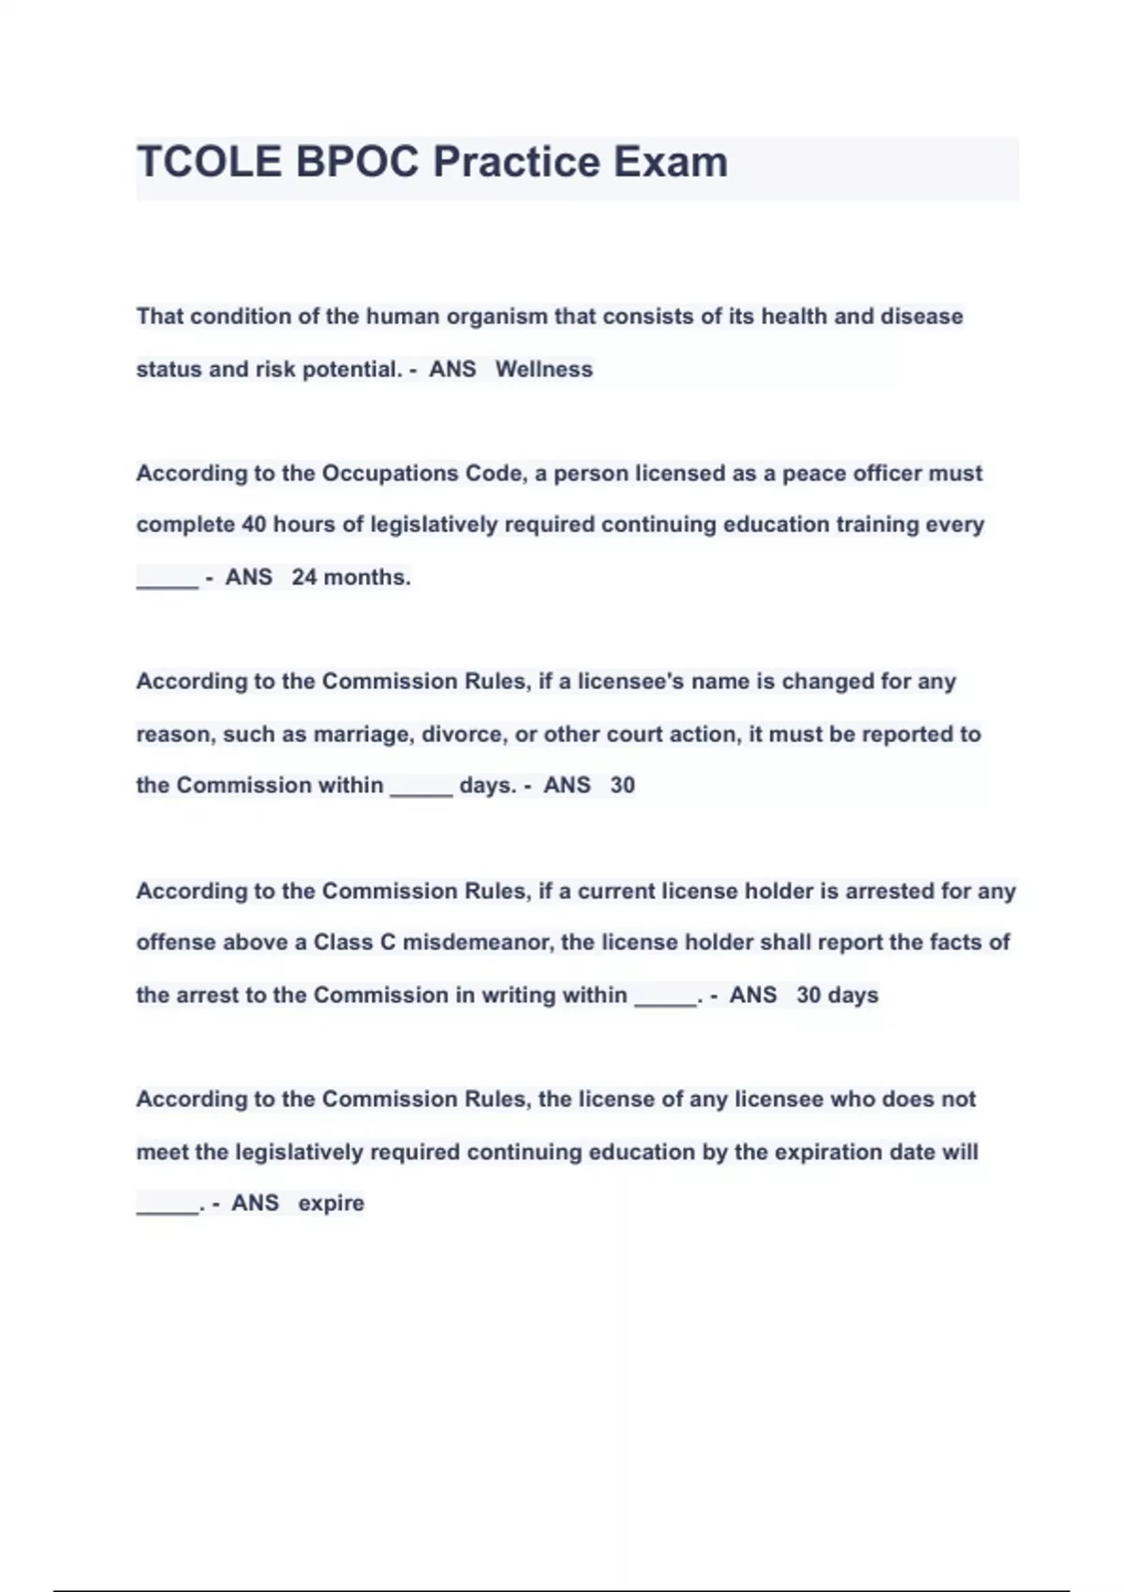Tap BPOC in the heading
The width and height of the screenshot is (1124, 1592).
(x=358, y=162)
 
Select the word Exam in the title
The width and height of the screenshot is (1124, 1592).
(x=671, y=162)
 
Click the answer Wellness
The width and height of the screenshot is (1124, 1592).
(x=544, y=369)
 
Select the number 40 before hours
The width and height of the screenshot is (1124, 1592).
(x=254, y=524)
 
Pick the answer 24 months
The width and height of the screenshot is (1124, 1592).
(x=351, y=577)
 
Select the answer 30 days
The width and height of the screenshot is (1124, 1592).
(x=837, y=995)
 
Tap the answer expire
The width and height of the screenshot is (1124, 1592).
(x=331, y=1203)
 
